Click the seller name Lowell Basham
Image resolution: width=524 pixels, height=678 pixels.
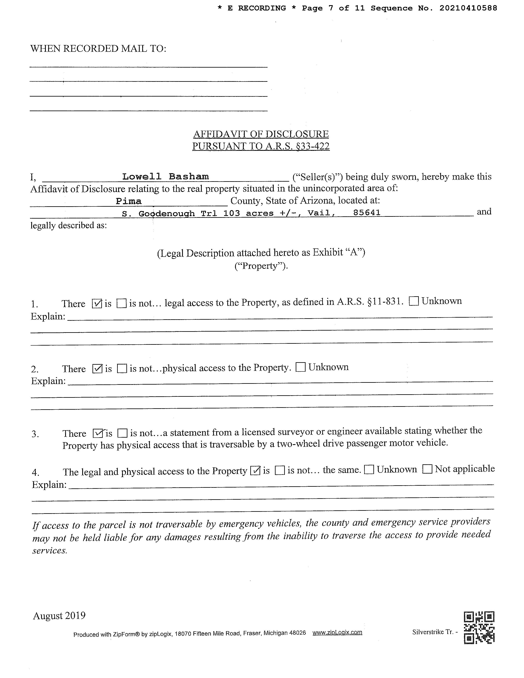point(165,177)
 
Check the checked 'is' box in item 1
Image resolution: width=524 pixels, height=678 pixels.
point(97,303)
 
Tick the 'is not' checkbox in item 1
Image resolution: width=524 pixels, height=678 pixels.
point(121,303)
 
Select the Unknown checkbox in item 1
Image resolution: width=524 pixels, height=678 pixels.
point(414,301)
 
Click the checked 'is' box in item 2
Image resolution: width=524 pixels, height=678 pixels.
point(97,369)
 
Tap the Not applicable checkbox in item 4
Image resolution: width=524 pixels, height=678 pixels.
point(427,469)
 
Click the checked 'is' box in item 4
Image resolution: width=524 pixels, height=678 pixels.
point(255,471)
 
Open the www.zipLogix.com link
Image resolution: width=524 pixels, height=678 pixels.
point(337,632)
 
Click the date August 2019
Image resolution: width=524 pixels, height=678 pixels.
point(59,616)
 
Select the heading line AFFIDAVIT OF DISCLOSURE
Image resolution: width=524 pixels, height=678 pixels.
point(261,134)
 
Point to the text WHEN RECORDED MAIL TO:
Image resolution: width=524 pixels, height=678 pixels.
point(98,49)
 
